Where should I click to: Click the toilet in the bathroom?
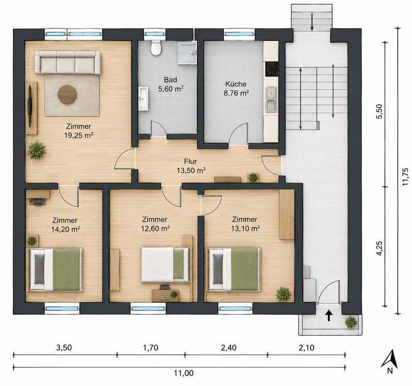(156, 48)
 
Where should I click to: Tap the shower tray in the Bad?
(187, 53)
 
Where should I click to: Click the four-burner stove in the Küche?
(271, 69)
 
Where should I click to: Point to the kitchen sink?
(271, 99)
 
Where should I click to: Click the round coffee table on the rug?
(67, 94)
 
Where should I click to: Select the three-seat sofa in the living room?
(67, 62)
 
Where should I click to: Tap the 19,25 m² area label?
(79, 136)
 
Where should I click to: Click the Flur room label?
(191, 161)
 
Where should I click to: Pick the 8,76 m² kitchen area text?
(236, 93)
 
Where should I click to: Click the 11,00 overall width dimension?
(184, 373)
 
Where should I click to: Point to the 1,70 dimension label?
(150, 348)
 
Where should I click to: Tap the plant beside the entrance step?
(351, 322)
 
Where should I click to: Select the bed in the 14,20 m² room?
(56, 269)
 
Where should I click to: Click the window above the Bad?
(155, 34)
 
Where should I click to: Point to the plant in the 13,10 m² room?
(284, 294)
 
